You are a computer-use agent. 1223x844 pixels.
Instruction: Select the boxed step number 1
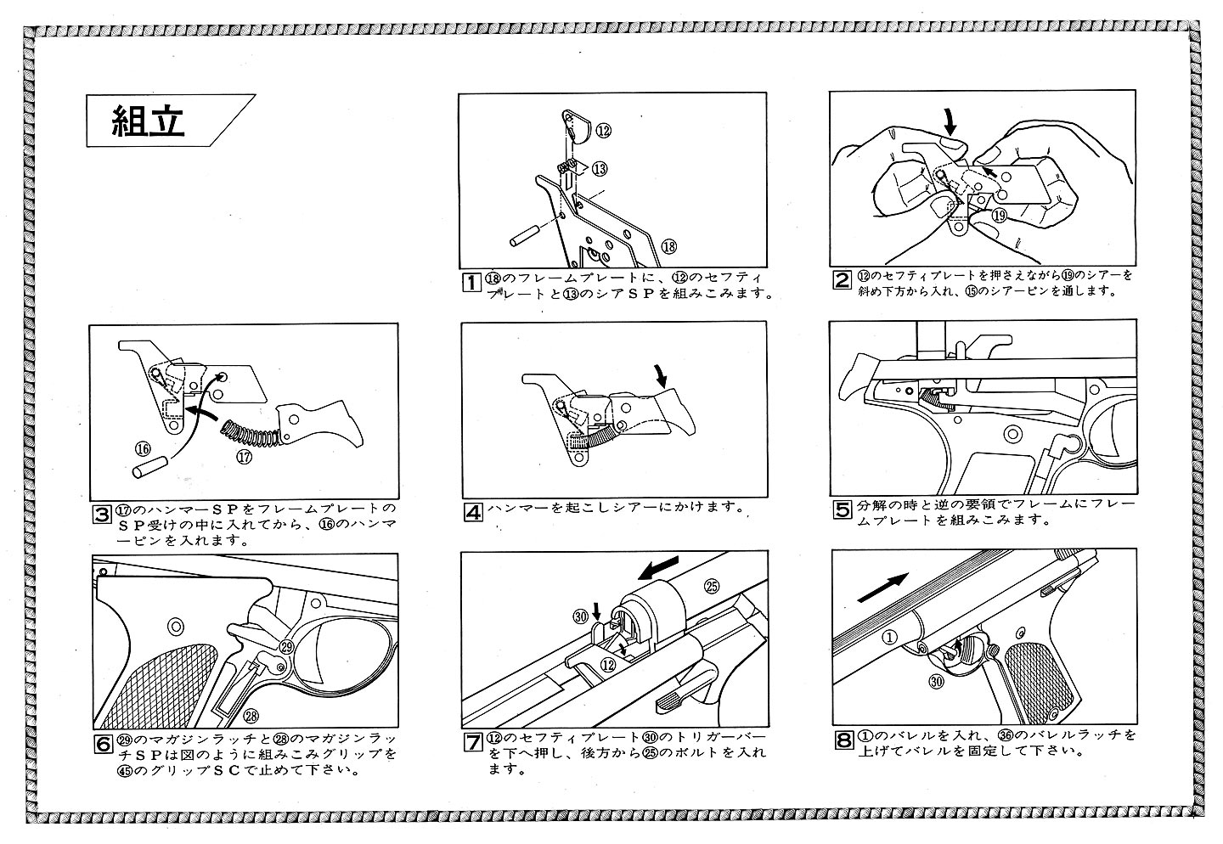point(470,282)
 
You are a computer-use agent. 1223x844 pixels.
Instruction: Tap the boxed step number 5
point(842,510)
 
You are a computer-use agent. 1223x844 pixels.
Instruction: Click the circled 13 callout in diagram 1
point(600,169)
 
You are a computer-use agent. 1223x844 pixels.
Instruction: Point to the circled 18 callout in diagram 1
point(668,246)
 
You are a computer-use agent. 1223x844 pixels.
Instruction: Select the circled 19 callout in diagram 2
point(999,216)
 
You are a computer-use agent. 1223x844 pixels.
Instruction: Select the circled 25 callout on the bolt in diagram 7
point(712,586)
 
